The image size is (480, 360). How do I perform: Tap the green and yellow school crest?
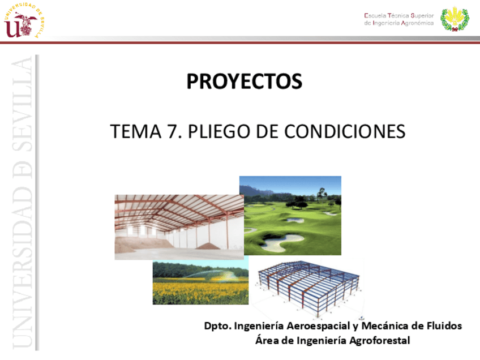455,19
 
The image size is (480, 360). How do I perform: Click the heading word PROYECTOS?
245,82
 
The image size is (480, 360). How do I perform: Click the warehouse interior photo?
179,227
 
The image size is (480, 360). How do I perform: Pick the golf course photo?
290,215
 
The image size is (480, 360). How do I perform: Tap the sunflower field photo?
200,283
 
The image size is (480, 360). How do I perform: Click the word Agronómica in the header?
415,23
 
